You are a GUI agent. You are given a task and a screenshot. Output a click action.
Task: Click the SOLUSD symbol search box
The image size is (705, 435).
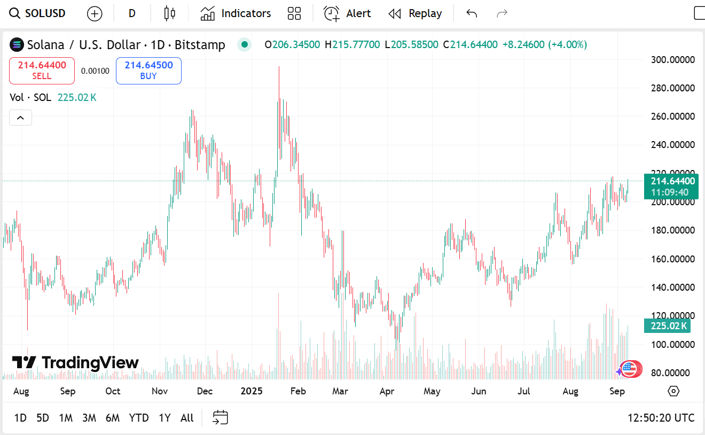[38, 13]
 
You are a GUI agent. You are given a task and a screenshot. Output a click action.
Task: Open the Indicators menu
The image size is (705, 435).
[236, 13]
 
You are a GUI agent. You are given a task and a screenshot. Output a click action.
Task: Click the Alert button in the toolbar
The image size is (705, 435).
[347, 13]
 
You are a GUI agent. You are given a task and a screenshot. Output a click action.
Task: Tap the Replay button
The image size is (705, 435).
[415, 13]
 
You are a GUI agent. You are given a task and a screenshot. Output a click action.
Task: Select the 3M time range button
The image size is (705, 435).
[89, 418]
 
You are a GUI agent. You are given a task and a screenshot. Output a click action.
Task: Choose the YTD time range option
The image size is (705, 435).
[139, 418]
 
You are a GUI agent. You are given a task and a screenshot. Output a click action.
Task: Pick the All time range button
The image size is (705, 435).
[187, 418]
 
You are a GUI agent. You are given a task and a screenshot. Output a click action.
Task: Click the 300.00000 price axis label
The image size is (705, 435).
[673, 59]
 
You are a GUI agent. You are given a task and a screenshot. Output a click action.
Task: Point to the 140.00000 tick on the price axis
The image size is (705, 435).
[673, 288]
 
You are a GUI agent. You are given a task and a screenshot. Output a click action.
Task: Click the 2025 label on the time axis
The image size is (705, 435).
[252, 391]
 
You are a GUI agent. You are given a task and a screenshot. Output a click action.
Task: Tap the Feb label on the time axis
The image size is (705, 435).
[298, 391]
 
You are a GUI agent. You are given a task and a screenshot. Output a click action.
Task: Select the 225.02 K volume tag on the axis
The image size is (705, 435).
[668, 326]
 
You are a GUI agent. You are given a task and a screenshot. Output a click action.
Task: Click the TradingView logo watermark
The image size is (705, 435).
[75, 363]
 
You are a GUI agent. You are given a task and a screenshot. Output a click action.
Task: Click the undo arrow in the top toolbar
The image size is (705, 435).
[471, 13]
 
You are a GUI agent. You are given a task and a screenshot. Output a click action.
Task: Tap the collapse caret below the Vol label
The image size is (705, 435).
[20, 118]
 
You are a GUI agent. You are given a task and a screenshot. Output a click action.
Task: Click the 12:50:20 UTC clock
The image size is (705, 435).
[661, 418]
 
